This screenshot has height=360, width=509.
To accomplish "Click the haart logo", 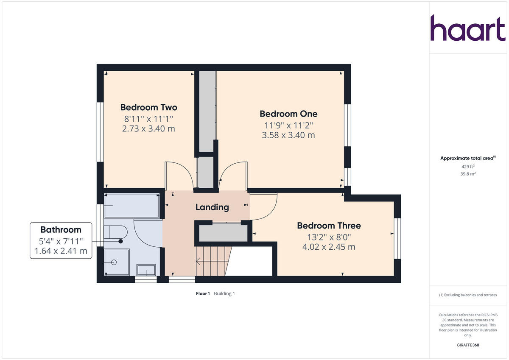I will (x=468, y=28).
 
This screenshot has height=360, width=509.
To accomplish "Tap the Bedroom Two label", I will (x=148, y=107).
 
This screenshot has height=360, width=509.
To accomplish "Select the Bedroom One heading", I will (x=288, y=114).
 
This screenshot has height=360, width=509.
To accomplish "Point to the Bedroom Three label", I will (x=329, y=226).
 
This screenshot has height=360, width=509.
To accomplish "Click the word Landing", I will (x=212, y=207).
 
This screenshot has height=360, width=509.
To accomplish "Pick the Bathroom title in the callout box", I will (x=61, y=230).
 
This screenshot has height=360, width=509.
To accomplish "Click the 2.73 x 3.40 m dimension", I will (x=148, y=128).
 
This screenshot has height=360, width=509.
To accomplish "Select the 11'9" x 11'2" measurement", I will (x=288, y=125).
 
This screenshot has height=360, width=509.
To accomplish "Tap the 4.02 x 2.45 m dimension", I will (x=329, y=247).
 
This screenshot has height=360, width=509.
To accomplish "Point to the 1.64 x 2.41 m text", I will (x=61, y=251).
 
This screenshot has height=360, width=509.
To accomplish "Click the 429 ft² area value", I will (x=468, y=167).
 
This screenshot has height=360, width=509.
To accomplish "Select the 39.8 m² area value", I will (x=468, y=174).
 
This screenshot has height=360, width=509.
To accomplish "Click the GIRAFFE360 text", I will (x=468, y=345).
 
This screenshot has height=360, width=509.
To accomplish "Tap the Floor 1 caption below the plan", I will (x=203, y=293).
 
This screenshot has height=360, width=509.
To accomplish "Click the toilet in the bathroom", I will (x=115, y=232).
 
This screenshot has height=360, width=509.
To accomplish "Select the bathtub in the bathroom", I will (x=132, y=206).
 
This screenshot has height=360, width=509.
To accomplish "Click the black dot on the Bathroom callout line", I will (x=120, y=241).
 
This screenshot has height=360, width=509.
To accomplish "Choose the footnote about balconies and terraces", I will (x=468, y=295).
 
